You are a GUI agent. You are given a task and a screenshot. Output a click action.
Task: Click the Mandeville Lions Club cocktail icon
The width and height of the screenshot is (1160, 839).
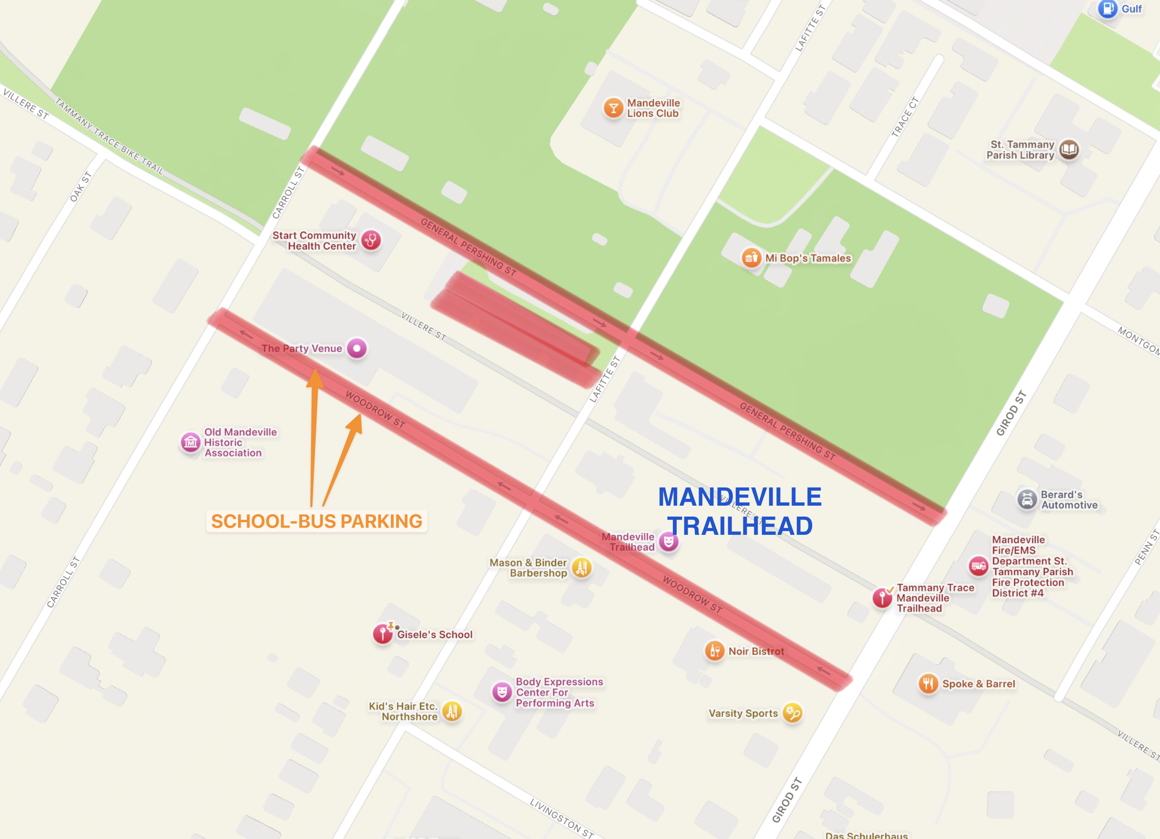613,108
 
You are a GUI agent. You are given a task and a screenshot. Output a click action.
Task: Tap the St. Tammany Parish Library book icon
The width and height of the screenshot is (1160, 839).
1068,150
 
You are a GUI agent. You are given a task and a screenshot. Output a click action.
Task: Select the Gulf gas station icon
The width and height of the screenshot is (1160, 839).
1107,9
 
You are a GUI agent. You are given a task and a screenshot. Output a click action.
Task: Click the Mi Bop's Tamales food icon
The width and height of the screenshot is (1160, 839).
751,257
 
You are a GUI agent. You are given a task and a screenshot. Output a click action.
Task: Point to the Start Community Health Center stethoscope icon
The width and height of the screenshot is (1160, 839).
371,240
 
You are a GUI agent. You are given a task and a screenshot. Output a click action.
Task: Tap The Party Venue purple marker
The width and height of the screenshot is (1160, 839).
357,349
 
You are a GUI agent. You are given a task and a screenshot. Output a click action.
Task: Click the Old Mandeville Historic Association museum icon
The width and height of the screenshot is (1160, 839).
191,442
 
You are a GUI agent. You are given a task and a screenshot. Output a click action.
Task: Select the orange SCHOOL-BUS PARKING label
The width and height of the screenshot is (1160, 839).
317,521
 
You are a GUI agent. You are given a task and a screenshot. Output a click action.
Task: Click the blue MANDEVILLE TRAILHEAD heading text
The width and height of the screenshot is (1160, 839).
740,511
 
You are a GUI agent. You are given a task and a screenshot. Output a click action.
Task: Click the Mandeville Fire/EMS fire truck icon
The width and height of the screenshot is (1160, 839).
978,566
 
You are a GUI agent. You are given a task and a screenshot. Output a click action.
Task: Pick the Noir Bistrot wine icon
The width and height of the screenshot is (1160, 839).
715,651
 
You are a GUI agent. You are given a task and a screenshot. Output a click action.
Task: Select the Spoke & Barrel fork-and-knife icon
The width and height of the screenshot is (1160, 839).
928,684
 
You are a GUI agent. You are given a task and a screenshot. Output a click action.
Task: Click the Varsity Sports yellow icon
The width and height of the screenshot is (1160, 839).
792,713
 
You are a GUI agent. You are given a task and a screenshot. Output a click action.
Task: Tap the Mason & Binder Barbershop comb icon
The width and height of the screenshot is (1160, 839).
582,567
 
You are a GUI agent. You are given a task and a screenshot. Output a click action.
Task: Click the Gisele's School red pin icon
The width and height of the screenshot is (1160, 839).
382,634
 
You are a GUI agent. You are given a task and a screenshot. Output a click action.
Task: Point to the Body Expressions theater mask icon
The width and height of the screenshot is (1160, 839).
502,692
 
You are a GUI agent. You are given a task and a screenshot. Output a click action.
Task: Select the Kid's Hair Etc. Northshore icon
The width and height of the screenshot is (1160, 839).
452,711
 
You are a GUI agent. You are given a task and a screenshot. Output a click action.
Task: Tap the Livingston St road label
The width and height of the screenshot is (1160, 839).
561,817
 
